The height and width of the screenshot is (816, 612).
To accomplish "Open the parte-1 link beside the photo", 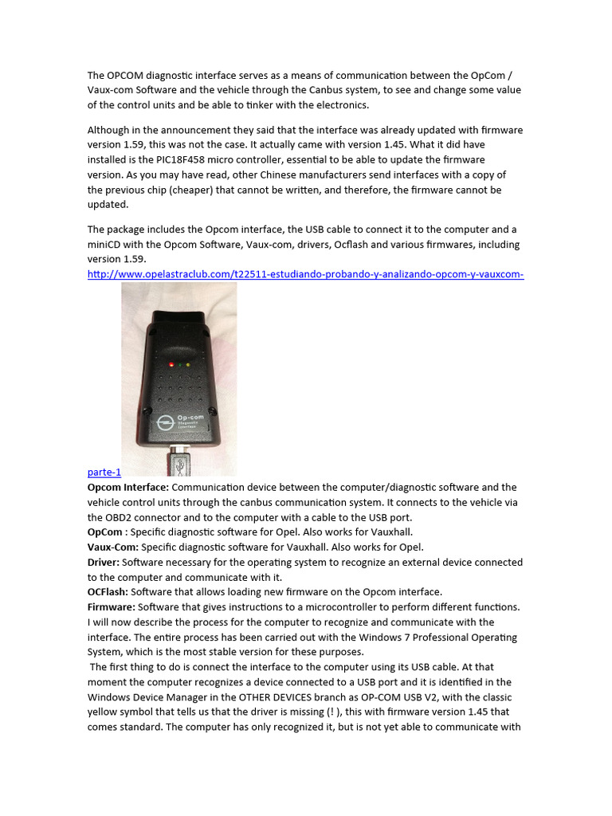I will point(104,472).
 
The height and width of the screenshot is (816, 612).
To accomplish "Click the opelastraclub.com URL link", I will point(305,275).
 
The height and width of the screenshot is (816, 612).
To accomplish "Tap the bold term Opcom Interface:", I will point(127,487).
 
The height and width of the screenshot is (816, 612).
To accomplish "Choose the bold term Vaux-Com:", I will point(112,547).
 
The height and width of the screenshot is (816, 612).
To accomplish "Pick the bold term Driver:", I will point(104,563).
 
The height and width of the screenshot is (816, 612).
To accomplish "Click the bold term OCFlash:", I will point(108,592).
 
